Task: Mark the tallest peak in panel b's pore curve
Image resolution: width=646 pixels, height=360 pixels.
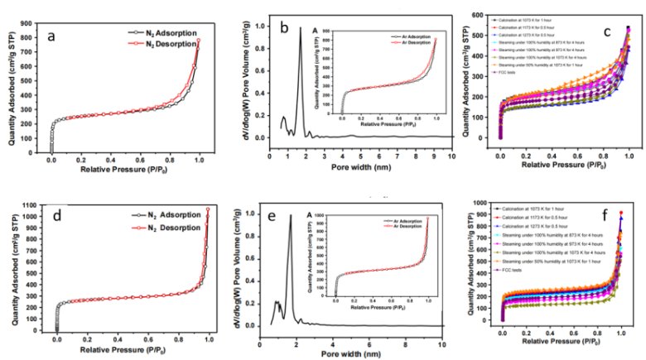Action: pyautogui.click(x=301, y=28)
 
